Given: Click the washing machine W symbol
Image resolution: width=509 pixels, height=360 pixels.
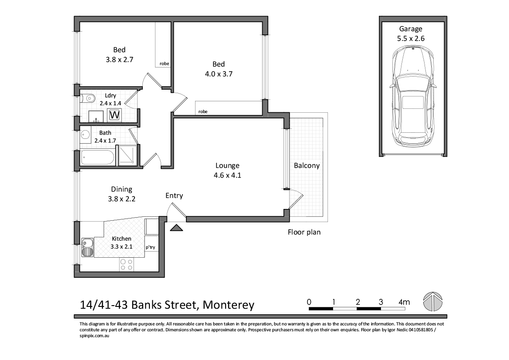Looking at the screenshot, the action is tap(115, 115).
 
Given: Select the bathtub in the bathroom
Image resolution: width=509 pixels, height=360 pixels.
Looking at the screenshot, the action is tap(98, 158).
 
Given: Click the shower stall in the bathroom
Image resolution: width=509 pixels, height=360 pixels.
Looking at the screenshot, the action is tap(127, 155).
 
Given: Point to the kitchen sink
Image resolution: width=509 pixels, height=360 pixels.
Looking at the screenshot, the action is tap(87, 247).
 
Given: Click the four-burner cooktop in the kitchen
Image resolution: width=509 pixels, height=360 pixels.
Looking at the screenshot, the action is tap(127, 264).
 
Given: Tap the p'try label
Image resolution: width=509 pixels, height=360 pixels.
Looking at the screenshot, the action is tap(150, 247).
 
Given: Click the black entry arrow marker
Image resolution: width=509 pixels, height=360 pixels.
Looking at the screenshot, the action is tap(176, 228).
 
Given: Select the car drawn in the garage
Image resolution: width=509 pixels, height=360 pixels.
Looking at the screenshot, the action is tap(412, 97).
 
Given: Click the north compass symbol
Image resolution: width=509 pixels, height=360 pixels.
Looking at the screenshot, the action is tap(433, 302).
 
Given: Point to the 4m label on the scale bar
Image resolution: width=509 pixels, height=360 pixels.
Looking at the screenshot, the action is tap(404, 302).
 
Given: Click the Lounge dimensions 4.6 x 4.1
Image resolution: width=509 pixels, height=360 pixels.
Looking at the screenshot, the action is tap(227, 175).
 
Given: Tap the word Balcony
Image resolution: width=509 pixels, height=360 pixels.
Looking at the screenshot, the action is tap(307, 165).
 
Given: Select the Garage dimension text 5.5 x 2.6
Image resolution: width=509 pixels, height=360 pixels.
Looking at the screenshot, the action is tap(411, 38).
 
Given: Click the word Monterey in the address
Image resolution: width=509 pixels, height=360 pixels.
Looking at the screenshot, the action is tap(229, 305).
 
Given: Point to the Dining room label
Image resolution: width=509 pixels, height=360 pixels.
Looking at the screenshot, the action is tap(122, 189).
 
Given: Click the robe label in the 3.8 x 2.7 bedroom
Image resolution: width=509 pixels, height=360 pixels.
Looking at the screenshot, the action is tap(164, 64).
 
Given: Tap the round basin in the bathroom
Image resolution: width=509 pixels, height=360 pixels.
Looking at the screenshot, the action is tap(86, 134).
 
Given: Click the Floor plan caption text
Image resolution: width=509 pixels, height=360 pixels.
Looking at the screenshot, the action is tap(304, 232).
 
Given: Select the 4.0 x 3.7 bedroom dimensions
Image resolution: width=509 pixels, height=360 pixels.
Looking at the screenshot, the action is tap(219, 74).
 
